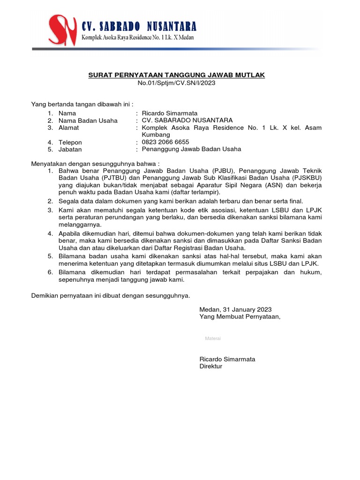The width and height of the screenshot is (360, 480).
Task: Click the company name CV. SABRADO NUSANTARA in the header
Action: (x=139, y=26)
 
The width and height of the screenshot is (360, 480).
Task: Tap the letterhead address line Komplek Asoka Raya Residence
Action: (x=138, y=37)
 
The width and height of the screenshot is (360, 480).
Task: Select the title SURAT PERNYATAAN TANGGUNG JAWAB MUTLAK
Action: (x=177, y=75)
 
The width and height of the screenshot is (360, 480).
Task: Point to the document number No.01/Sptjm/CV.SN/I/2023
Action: (x=177, y=83)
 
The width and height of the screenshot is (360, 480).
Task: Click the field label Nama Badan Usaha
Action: (x=88, y=120)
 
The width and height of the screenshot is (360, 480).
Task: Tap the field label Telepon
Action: (x=70, y=142)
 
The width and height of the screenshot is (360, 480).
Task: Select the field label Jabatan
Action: (x=70, y=149)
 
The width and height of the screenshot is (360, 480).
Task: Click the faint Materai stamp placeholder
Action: (x=213, y=338)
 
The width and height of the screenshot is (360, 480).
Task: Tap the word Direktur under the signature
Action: (x=211, y=366)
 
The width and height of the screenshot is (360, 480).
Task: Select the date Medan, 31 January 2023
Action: (x=235, y=309)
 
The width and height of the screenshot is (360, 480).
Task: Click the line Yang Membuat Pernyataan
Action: (x=240, y=316)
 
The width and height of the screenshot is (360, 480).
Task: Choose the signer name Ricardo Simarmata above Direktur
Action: (x=227, y=359)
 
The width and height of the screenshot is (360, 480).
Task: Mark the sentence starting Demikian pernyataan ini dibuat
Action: (x=111, y=296)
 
